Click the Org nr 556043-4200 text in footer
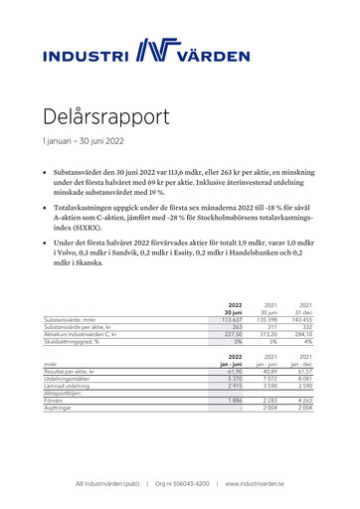tap(182, 483)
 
